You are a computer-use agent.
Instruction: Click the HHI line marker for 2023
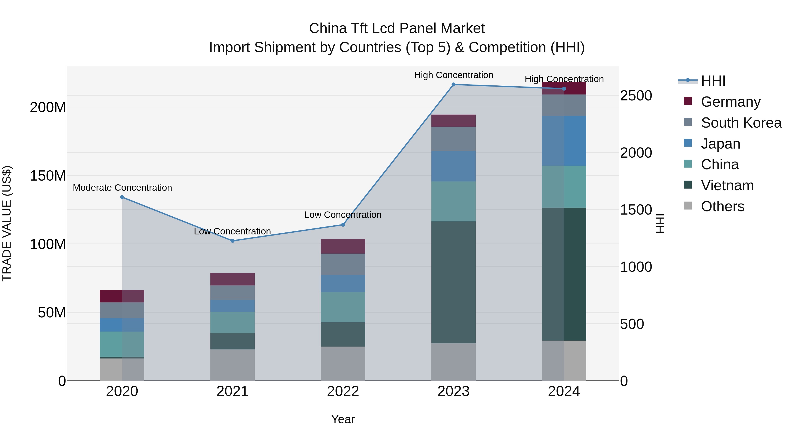453,85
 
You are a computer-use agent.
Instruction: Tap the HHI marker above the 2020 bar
122,197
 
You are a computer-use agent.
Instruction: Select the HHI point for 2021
233,241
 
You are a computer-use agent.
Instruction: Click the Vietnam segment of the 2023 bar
453,282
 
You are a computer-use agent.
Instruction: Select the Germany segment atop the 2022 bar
343,246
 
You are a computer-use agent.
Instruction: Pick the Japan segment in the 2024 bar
564,141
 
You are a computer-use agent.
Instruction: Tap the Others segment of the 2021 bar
233,365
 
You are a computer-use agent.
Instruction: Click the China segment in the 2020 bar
122,344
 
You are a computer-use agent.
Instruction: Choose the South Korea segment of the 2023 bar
453,139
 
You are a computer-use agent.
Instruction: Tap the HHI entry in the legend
713,81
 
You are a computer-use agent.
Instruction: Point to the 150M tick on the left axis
48,176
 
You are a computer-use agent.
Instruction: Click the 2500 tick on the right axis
636,96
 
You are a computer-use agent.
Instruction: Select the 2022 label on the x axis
343,391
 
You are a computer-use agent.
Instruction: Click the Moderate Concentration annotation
122,188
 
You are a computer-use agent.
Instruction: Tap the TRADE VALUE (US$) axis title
7,223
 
